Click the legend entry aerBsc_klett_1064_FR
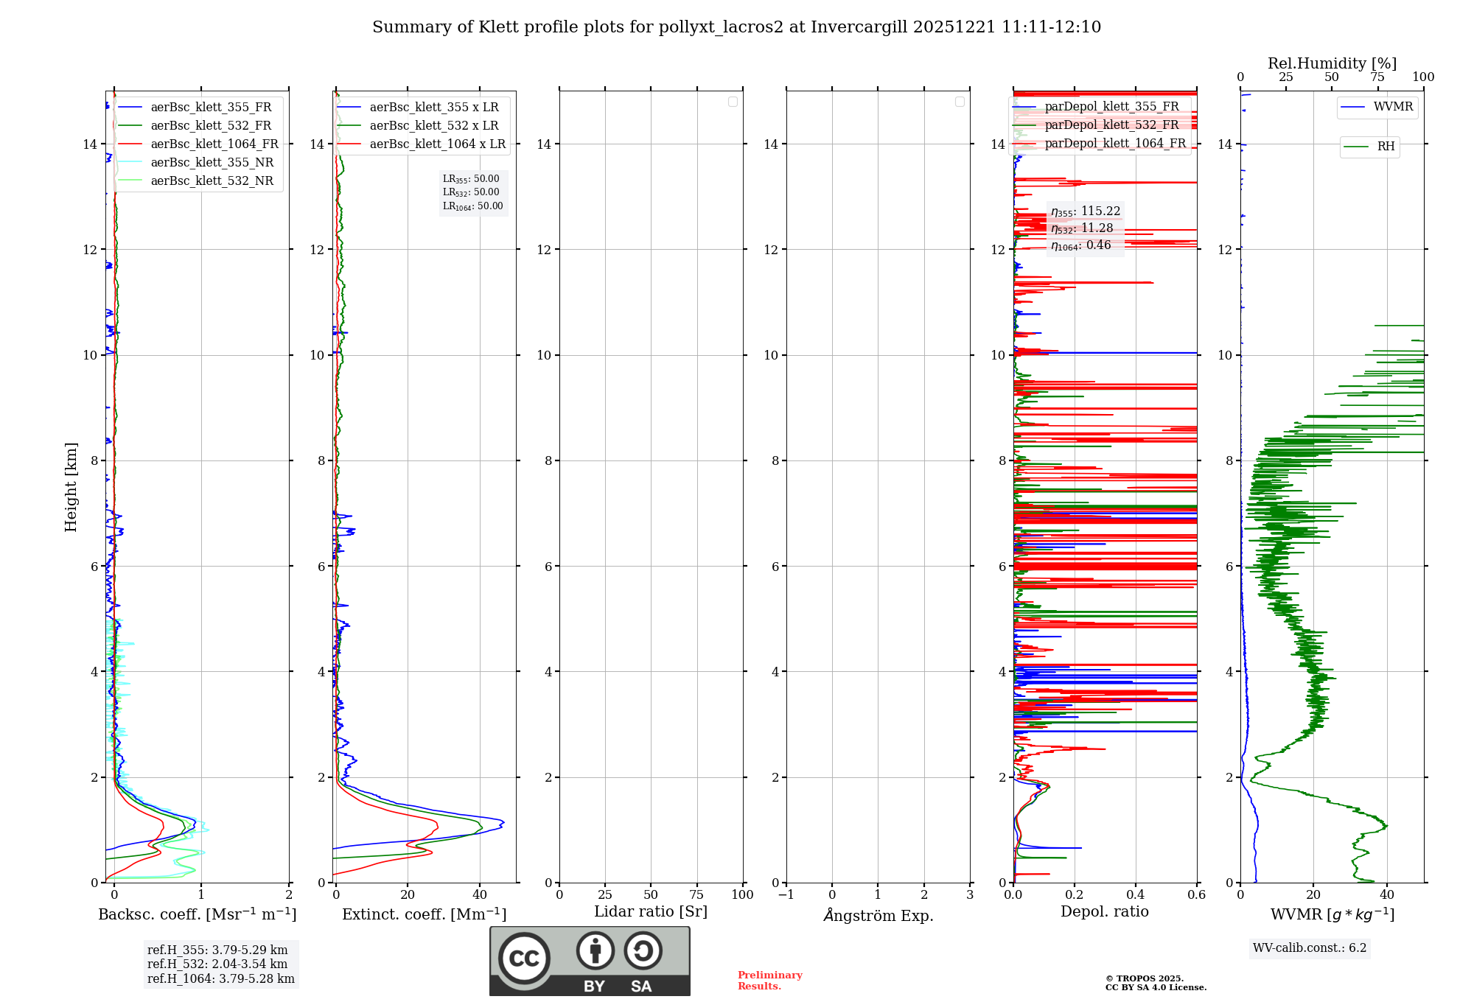(x=214, y=144)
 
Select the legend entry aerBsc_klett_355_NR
(x=212, y=163)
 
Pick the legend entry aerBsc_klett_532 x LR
(x=433, y=126)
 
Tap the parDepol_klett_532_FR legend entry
(x=1111, y=125)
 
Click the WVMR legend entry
(x=1393, y=107)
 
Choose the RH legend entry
(x=1386, y=147)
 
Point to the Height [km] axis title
(x=71, y=487)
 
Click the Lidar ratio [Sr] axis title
(x=651, y=912)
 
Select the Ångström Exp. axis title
(x=879, y=915)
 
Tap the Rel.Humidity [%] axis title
(x=1332, y=63)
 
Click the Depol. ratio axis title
(x=1104, y=912)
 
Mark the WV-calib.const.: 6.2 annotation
(x=1310, y=948)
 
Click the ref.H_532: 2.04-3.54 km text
(x=217, y=964)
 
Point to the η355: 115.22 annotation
(x=1086, y=211)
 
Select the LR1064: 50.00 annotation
(x=472, y=206)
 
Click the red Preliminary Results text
(x=769, y=981)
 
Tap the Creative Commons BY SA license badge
(x=590, y=961)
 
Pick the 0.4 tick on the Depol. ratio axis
(x=1136, y=894)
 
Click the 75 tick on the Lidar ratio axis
(x=696, y=894)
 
